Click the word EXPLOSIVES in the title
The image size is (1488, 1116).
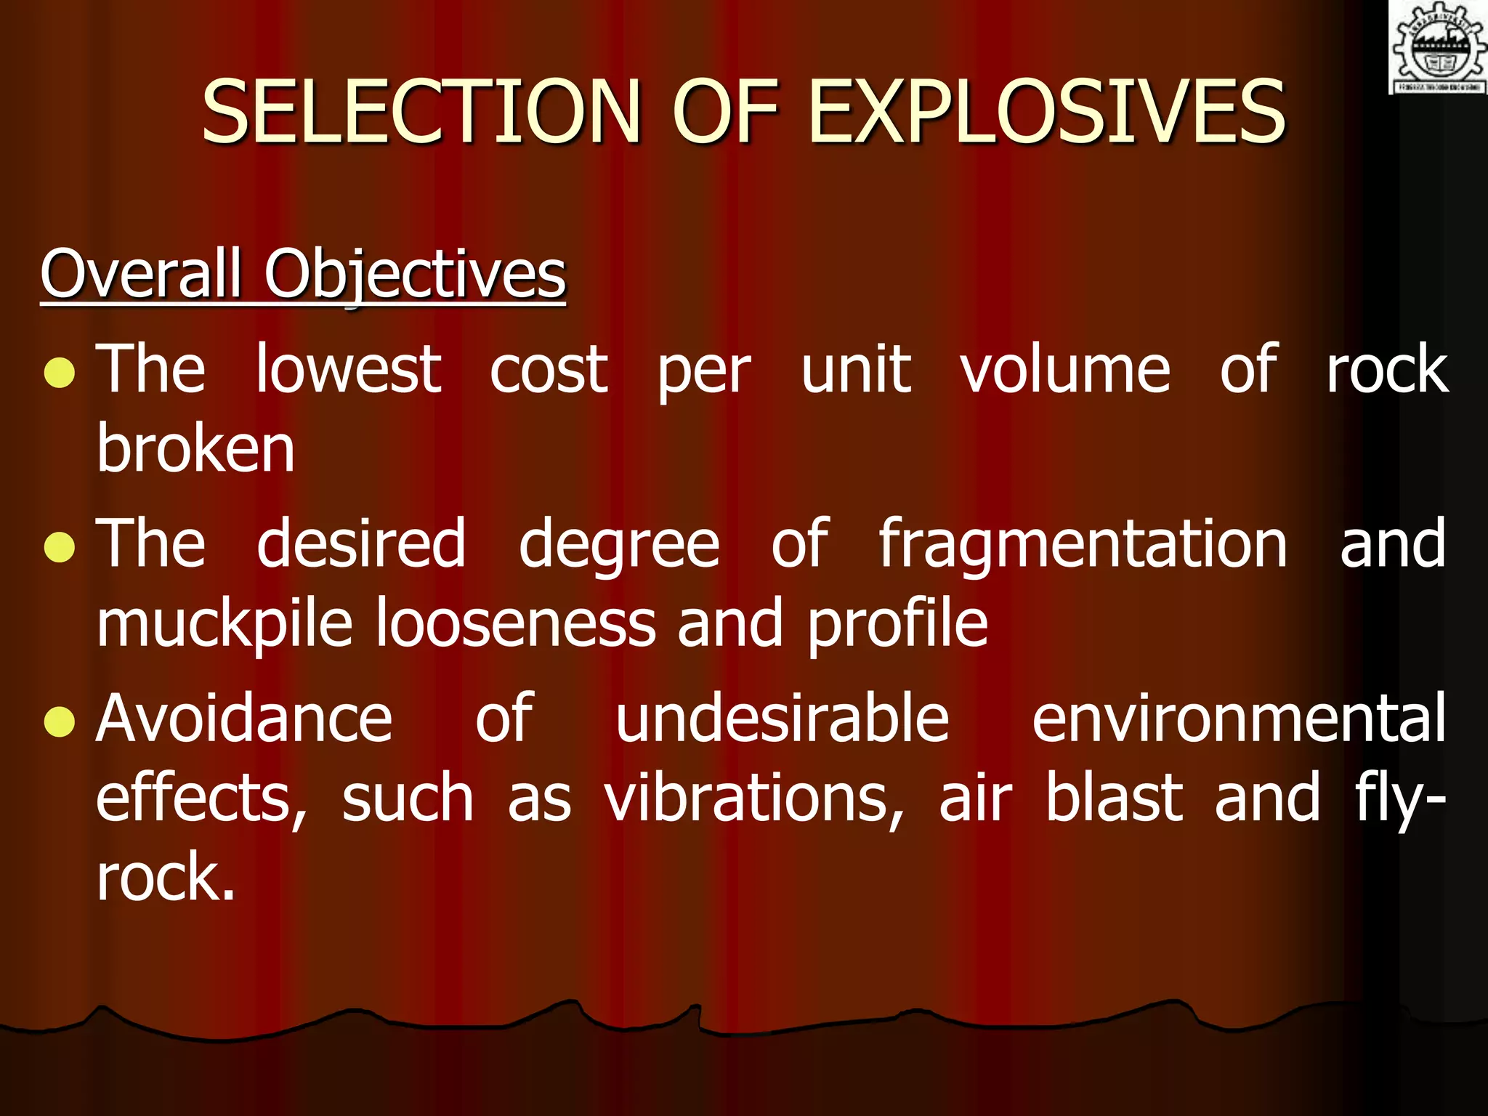click(1046, 113)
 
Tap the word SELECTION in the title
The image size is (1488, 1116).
click(421, 113)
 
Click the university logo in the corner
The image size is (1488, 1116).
click(1438, 47)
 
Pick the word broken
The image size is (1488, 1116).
click(196, 448)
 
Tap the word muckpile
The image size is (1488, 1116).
click(225, 625)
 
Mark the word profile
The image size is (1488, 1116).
click(898, 625)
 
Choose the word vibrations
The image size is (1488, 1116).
click(754, 799)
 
